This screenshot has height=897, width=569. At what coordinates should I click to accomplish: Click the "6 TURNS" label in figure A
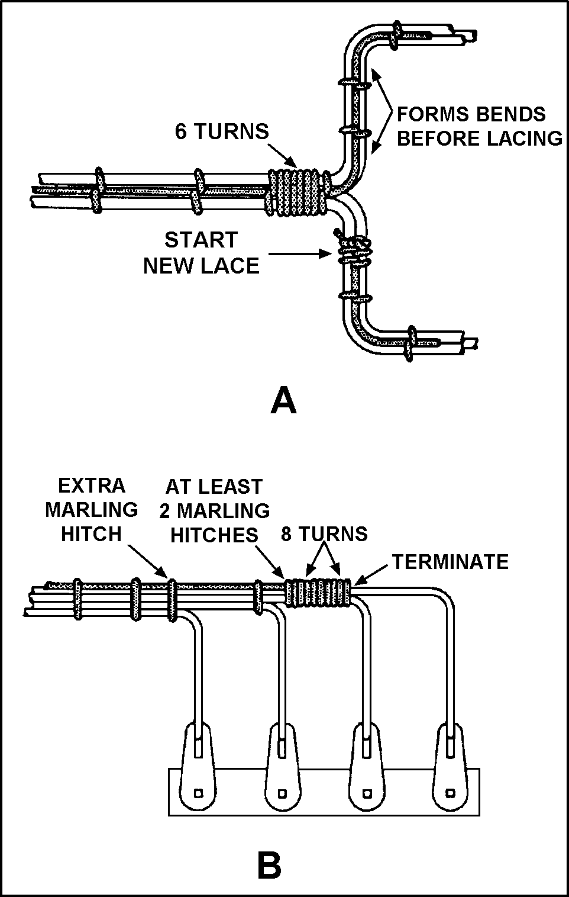pyautogui.click(x=221, y=131)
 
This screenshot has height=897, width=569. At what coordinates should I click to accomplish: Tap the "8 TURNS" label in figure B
pyautogui.click(x=324, y=533)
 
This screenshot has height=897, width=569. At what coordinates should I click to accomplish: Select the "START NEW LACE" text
pyautogui.click(x=201, y=253)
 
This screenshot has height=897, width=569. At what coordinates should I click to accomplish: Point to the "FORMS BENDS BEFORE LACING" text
pyautogui.click(x=479, y=126)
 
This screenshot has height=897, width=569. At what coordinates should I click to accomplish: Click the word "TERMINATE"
pyautogui.click(x=450, y=561)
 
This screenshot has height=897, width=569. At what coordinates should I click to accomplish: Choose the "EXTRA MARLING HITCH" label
pyautogui.click(x=92, y=509)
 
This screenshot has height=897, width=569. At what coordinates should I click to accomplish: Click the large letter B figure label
pyautogui.click(x=269, y=866)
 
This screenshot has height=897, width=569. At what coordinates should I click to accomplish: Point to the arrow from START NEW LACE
pyautogui.click(x=301, y=253)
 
